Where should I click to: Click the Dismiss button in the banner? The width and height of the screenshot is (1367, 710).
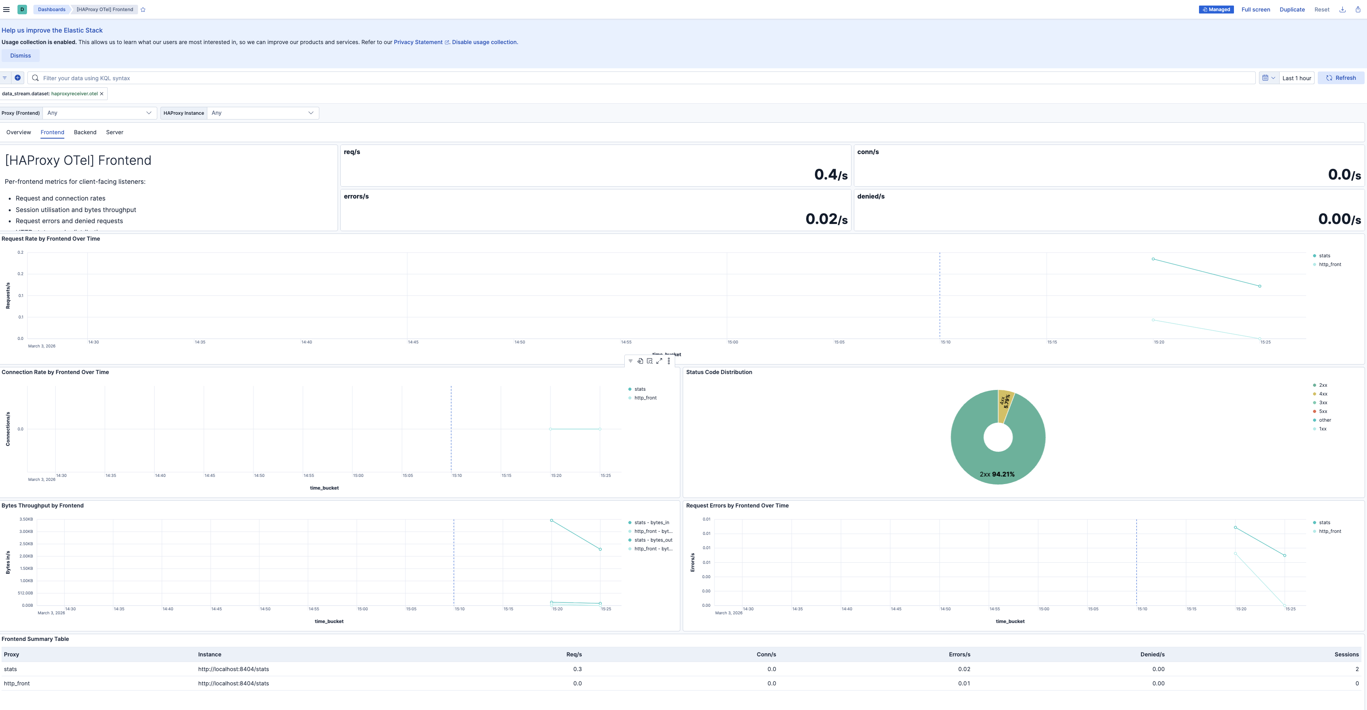click(20, 56)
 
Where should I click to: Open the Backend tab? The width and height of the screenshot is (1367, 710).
click(85, 132)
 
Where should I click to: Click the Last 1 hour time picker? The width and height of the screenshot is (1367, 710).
click(1296, 78)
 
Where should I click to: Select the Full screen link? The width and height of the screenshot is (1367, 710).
click(1255, 10)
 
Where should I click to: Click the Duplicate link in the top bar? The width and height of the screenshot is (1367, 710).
click(1292, 10)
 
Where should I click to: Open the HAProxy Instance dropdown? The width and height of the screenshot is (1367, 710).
click(262, 113)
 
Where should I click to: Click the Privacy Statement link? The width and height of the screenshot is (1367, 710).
click(418, 42)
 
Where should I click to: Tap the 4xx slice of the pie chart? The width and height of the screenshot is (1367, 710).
click(1005, 403)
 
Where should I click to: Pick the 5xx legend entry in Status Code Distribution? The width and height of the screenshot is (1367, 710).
click(1323, 411)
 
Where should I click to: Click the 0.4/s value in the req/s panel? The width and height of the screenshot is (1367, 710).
click(830, 175)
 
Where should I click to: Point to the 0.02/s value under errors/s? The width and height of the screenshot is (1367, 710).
click(826, 219)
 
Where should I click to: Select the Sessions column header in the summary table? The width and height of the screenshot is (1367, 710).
click(1346, 654)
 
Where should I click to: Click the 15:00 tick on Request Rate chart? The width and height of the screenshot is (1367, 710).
click(732, 342)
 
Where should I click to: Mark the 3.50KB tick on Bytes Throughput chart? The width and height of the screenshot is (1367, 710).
click(26, 519)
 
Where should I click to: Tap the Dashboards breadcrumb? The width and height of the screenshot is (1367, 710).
click(52, 10)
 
